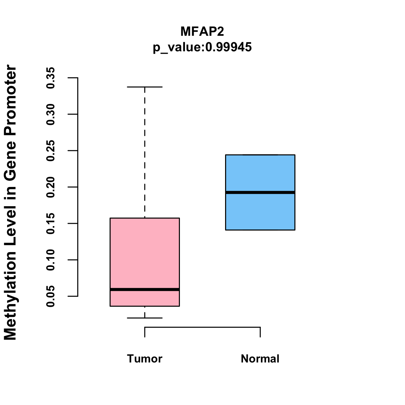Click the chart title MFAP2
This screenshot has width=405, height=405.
pyautogui.click(x=202, y=31)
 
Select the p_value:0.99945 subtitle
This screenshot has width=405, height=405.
pyautogui.click(x=202, y=47)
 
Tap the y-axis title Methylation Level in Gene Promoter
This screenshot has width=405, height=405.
pyautogui.click(x=10, y=202)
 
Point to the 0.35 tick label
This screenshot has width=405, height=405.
pyautogui.click(x=51, y=78)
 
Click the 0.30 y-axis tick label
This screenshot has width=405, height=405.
pyautogui.click(x=51, y=114)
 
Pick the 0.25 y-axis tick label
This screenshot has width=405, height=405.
pyautogui.click(x=51, y=151)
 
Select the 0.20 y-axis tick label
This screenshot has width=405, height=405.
pyautogui.click(x=51, y=187)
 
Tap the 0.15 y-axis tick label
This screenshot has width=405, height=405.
pyautogui.click(x=51, y=223)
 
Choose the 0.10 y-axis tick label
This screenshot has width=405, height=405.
pyautogui.click(x=51, y=260)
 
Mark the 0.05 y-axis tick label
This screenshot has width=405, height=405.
pyautogui.click(x=51, y=296)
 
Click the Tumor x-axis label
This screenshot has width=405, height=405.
pyautogui.click(x=145, y=359)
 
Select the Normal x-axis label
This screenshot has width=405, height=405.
pyautogui.click(x=260, y=359)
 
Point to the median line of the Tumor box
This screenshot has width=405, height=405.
pyautogui.click(x=145, y=290)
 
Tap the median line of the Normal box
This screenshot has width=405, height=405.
pyautogui.click(x=260, y=192)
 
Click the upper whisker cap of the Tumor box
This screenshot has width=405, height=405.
pyautogui.click(x=145, y=87)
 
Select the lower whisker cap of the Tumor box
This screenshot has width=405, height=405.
pyautogui.click(x=145, y=318)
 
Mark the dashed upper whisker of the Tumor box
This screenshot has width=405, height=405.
pyautogui.click(x=145, y=152)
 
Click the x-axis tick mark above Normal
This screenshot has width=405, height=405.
pyautogui.click(x=260, y=332)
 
